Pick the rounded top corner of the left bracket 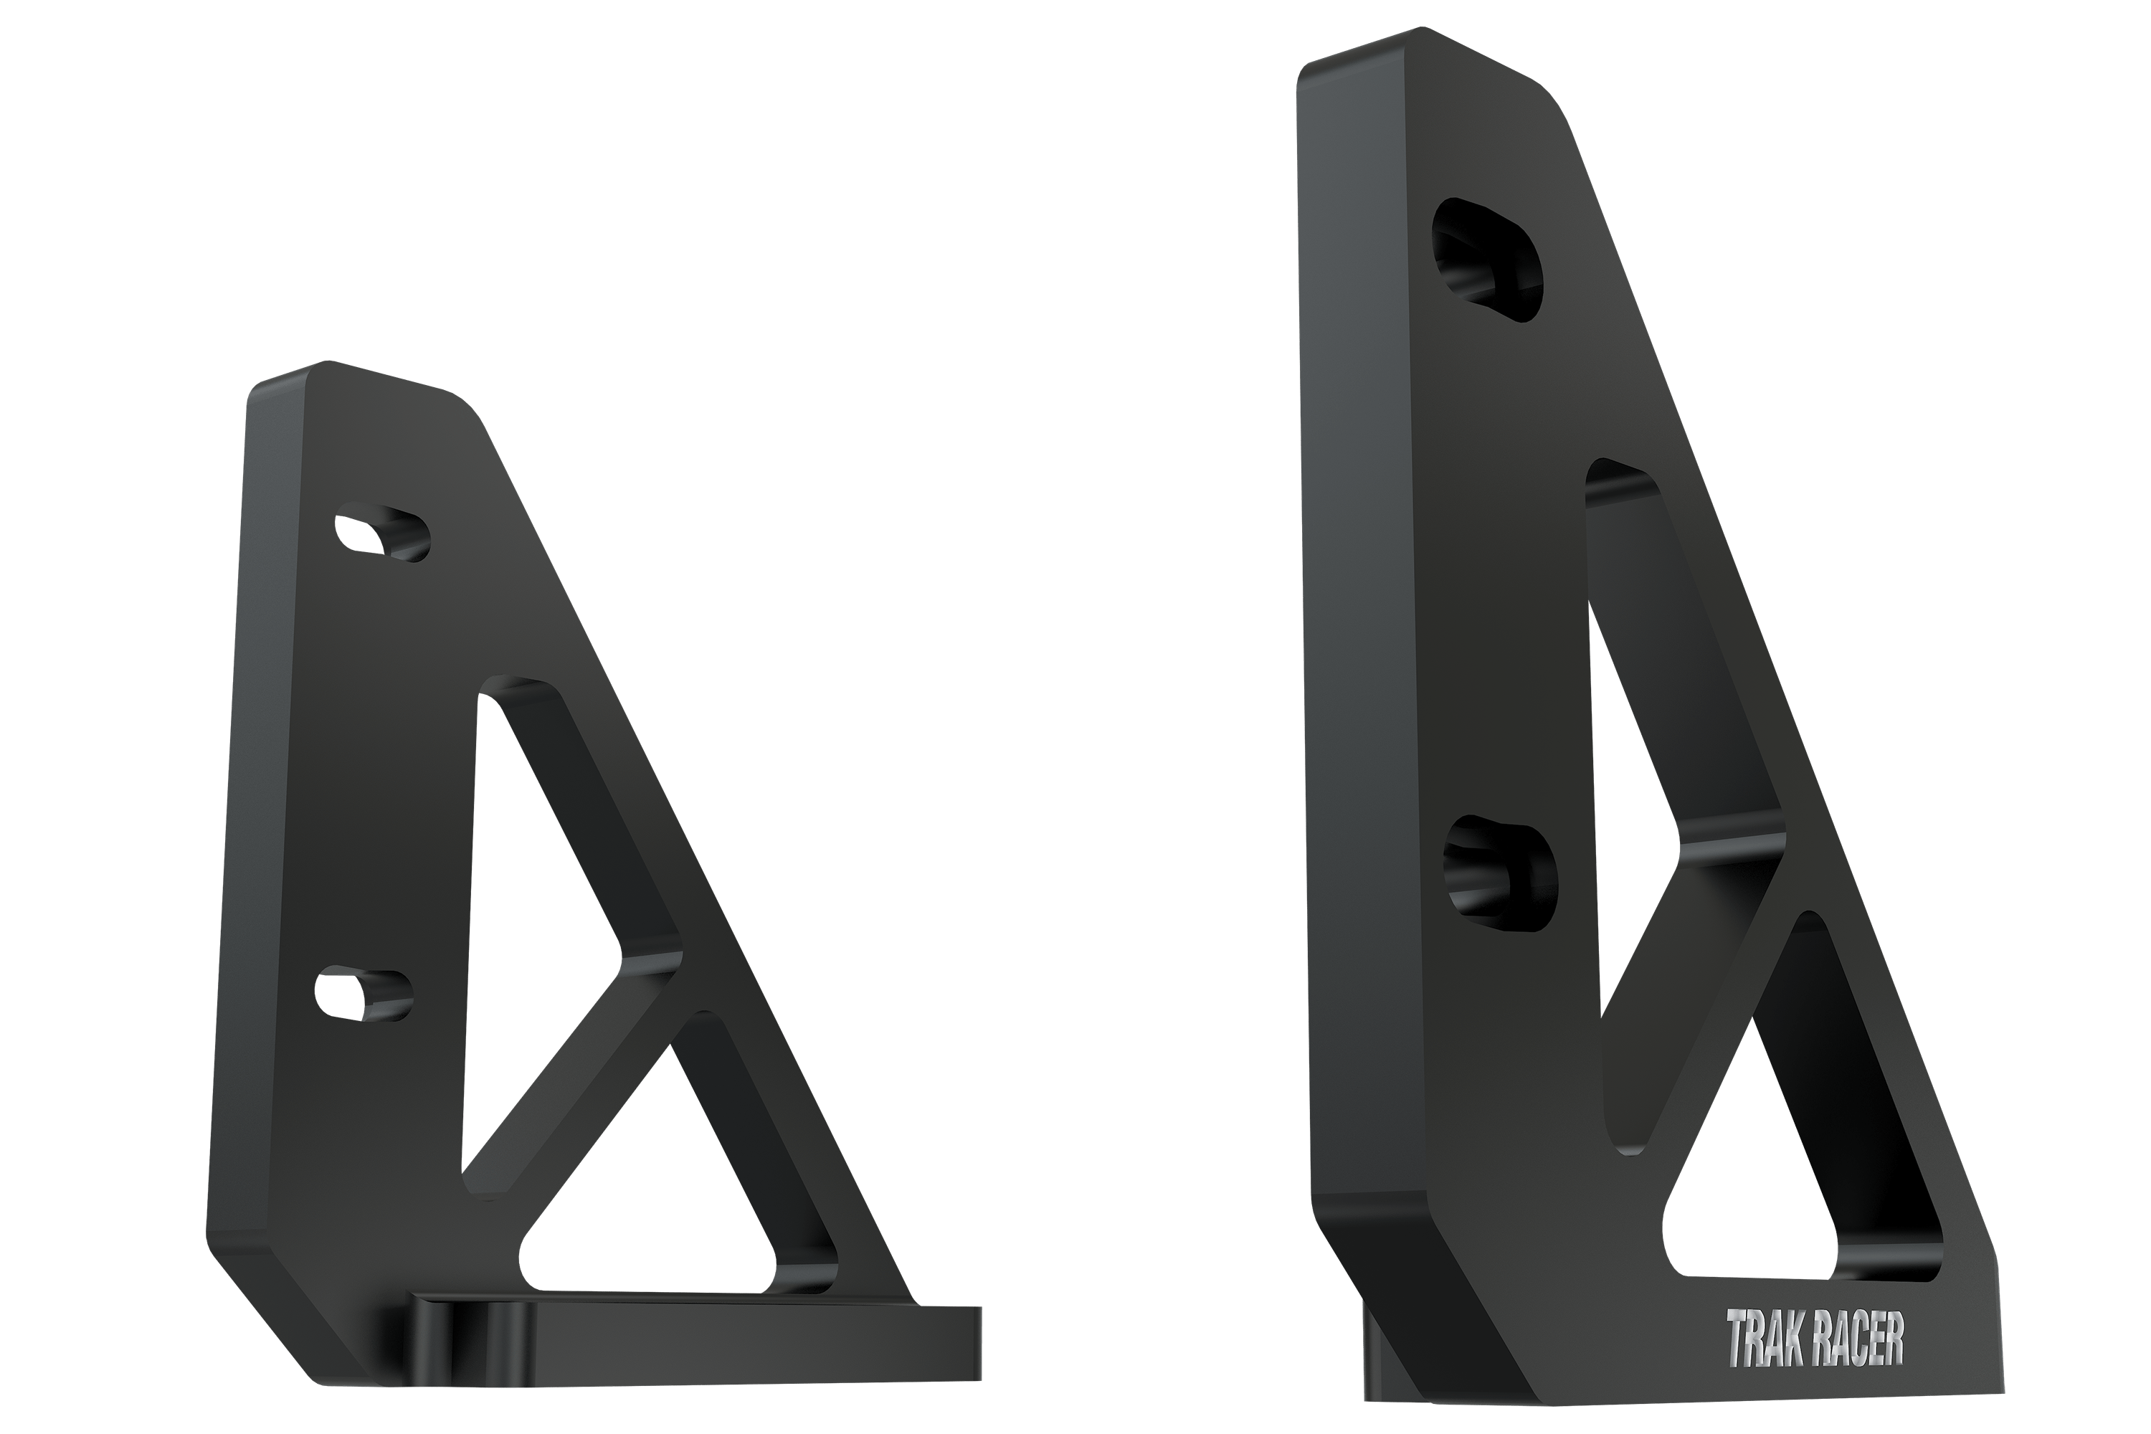pyautogui.click(x=457, y=402)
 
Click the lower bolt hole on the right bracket pyautogui.click(x=1500, y=873)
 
